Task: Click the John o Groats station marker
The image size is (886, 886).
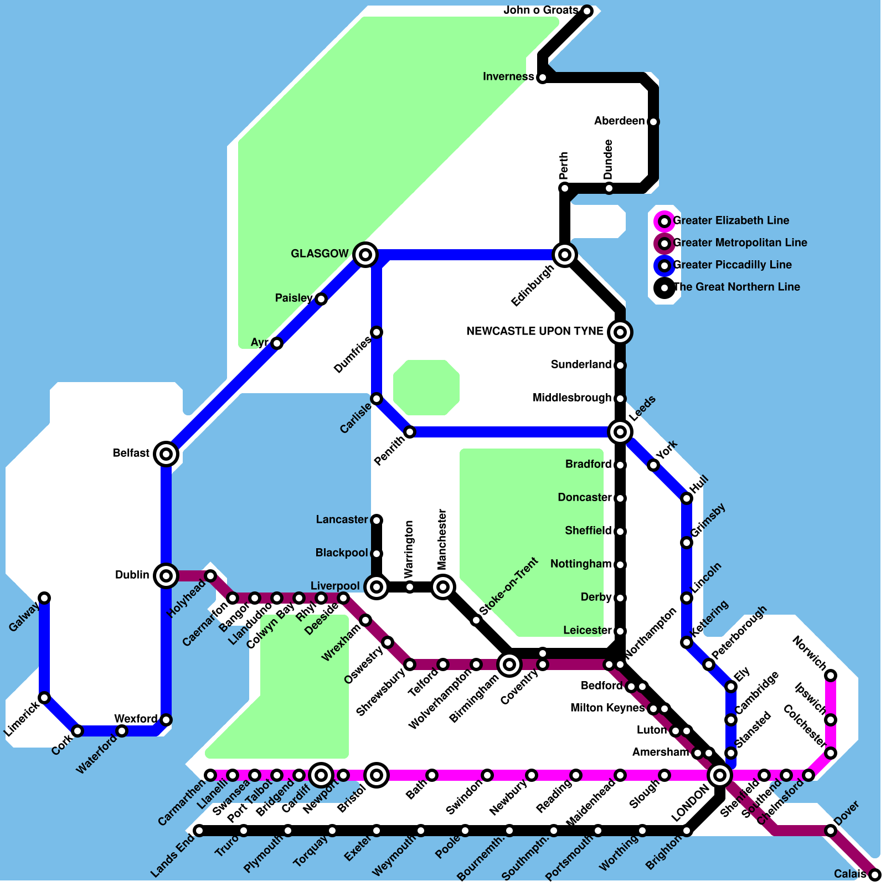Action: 587,11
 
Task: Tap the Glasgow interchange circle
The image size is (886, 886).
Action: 365,255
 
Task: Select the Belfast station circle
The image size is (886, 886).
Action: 166,454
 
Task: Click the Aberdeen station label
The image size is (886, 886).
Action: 620,121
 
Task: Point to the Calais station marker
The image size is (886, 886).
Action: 875,875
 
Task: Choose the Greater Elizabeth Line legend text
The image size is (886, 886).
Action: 731,220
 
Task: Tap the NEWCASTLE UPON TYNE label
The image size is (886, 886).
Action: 535,331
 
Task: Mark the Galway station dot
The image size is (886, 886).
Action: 44,598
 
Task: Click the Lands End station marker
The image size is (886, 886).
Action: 199,831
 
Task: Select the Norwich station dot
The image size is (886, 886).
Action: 831,676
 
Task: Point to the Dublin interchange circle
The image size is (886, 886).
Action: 166,576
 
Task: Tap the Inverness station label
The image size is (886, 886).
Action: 508,76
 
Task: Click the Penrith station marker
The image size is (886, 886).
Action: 410,432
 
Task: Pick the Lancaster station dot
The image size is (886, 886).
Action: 377,521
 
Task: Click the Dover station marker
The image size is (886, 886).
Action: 831,831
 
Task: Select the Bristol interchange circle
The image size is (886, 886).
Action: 377,775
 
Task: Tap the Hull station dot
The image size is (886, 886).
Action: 687,498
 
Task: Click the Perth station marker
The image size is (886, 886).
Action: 565,188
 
